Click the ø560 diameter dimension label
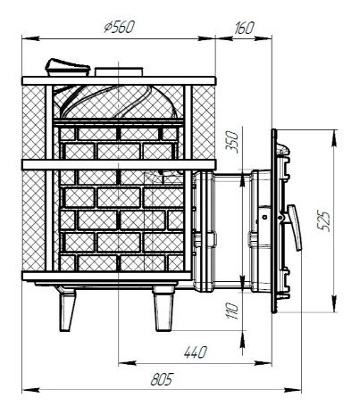pyautogui.click(x=120, y=28)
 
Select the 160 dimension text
pyautogui.click(x=244, y=28)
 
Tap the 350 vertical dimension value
pyautogui.click(x=232, y=142)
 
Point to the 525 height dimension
pyautogui.click(x=323, y=221)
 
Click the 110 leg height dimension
pyautogui.click(x=233, y=311)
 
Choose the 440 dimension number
pyautogui.click(x=196, y=352)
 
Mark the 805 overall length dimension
pyautogui.click(x=162, y=379)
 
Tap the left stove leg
pyautogui.click(x=67, y=310)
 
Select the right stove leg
pyautogui.click(x=163, y=309)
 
